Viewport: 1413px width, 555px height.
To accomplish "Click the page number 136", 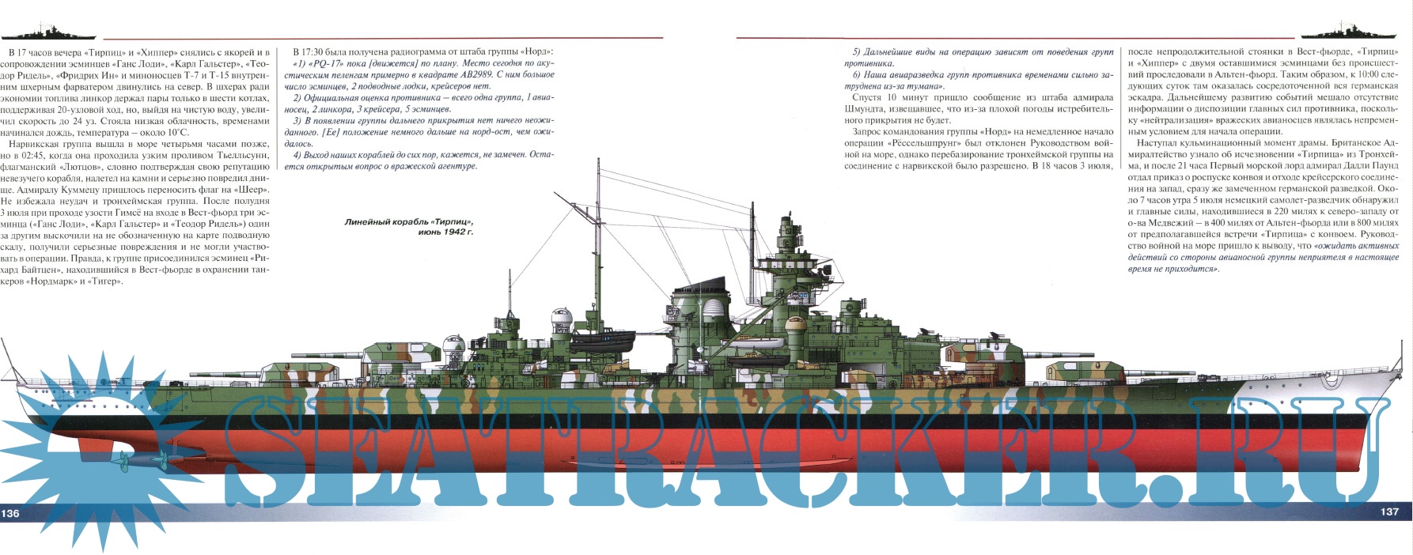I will click(x=11, y=513).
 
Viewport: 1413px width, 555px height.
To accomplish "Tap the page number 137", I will click(x=1389, y=512).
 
